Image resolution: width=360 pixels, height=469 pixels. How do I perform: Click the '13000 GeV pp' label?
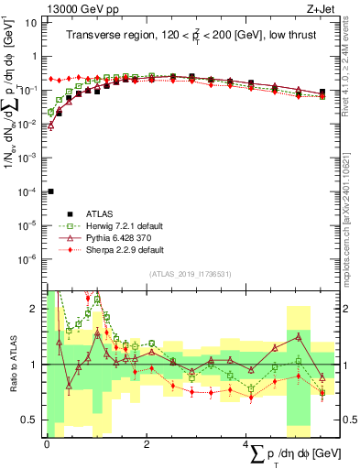[81, 8]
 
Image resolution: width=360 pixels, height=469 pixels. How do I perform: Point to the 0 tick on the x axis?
[46, 444]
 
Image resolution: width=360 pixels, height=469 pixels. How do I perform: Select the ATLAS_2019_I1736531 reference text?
[191, 274]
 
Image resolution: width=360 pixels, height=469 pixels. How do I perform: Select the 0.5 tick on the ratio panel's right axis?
[347, 420]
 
